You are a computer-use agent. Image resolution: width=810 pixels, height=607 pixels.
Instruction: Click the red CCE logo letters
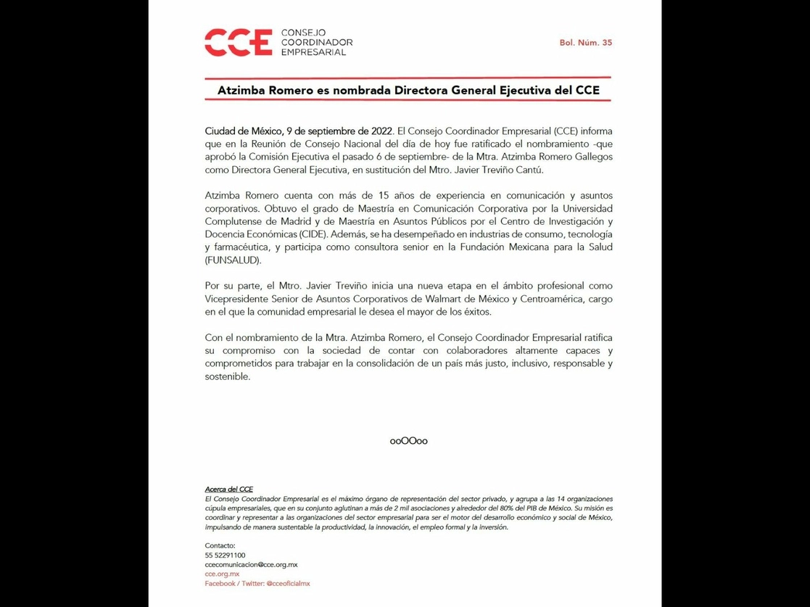(x=238, y=42)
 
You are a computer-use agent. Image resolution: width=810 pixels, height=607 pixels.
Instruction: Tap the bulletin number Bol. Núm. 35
(x=585, y=43)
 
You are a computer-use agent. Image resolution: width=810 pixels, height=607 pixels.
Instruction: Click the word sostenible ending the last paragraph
(x=227, y=376)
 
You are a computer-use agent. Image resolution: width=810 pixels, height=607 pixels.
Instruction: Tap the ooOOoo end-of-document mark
(x=408, y=440)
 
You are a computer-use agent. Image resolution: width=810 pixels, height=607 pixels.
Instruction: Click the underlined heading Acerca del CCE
(x=228, y=490)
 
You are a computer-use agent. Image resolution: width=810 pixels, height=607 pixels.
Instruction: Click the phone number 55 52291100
(x=225, y=555)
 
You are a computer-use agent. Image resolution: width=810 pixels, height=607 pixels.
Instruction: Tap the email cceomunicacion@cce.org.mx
(x=251, y=564)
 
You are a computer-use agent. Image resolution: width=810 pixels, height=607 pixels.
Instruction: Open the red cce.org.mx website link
(x=222, y=574)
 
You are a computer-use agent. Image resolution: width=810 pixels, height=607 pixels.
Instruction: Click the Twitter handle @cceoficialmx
(x=288, y=583)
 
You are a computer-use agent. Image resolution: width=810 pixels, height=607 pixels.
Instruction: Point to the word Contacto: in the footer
(x=220, y=545)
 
